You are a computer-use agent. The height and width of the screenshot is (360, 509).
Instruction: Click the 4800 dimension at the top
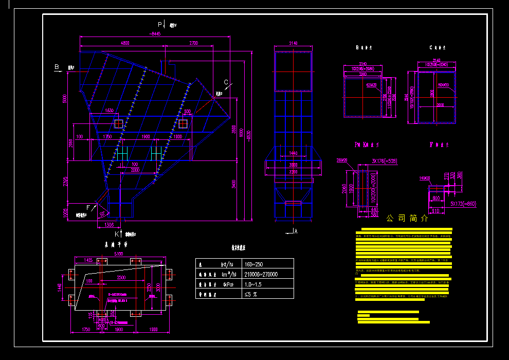(125, 43)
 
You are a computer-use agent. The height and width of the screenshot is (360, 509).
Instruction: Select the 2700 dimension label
(193, 43)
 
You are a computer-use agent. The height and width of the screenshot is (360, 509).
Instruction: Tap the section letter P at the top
(160, 24)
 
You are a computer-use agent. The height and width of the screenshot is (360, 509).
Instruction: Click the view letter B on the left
(57, 67)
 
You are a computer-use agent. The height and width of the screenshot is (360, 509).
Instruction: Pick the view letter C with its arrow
(226, 82)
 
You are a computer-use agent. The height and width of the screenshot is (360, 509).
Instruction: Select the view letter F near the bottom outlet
(88, 207)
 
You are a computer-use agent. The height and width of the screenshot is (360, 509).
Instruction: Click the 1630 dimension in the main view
(109, 111)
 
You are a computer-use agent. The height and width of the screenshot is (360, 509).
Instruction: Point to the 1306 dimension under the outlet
(109, 225)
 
